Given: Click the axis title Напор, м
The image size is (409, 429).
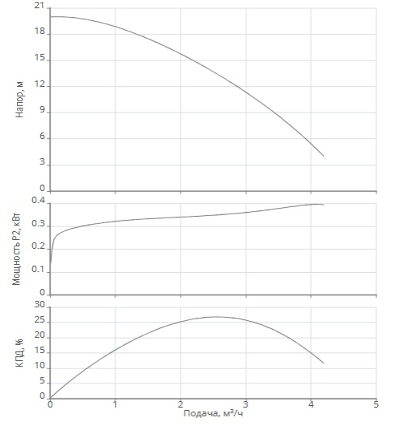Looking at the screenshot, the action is point(20,100).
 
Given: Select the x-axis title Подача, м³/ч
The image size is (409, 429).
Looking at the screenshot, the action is point(213,413).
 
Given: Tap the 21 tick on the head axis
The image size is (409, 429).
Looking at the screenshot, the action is point(39,5).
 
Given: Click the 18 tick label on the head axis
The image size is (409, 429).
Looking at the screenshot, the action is point(39,31).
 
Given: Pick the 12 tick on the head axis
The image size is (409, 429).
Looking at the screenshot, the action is point(39,83).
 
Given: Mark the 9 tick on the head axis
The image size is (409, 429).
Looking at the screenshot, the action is point(42,110).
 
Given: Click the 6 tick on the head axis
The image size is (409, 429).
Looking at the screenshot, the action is point(42,136).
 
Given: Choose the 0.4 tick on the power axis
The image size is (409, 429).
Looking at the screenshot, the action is point(38,200).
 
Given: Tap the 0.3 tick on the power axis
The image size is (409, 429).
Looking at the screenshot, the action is point(38,223).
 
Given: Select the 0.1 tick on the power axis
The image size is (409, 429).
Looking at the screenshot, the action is point(38,269).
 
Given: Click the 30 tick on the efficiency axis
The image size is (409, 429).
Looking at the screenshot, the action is point(39,305).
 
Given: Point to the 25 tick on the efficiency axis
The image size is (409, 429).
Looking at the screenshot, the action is point(39,320).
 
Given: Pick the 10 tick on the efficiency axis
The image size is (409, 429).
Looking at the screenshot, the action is point(39,366).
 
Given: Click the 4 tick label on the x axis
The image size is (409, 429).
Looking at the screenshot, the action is point(311,404).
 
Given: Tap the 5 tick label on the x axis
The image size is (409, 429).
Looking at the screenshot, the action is point(376,404).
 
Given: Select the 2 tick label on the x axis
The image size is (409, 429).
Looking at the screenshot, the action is point(180,404).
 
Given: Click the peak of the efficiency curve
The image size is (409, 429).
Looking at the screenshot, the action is point(216,317).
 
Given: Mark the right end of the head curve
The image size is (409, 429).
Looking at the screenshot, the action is point(324,156).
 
